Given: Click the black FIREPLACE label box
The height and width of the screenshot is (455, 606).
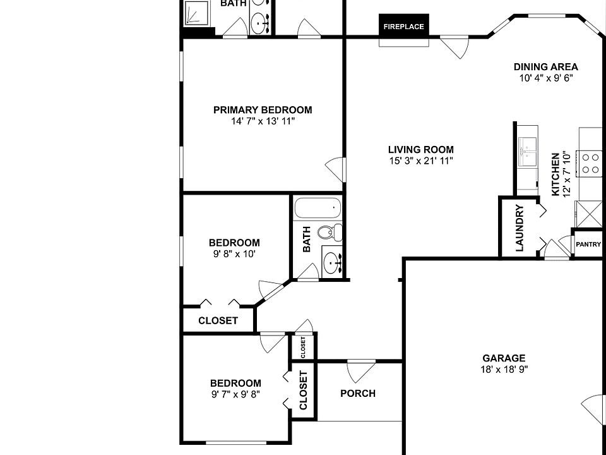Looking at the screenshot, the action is [x=404, y=27].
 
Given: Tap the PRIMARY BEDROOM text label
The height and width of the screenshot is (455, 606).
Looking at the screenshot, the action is [x=263, y=110].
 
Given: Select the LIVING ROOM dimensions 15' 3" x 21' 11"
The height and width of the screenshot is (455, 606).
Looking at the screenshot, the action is [x=421, y=161].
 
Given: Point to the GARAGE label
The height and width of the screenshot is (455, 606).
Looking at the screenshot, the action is [x=504, y=358].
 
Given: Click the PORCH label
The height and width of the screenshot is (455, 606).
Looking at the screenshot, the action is [x=358, y=394].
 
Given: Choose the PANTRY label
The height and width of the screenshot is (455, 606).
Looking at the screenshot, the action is [x=588, y=245].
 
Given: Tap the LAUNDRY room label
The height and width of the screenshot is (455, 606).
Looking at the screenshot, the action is [x=520, y=228].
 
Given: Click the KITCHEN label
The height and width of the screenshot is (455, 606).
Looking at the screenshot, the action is [x=555, y=174].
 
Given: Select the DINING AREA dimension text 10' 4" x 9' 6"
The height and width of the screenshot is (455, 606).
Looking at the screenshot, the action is [x=545, y=78].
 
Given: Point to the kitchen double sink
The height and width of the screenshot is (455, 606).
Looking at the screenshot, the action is [x=528, y=151].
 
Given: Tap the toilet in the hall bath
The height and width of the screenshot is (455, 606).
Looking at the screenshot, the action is [x=330, y=232].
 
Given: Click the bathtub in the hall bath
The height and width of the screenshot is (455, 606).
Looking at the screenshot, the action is [x=318, y=208].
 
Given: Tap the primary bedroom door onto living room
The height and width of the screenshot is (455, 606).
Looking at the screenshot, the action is [x=335, y=169].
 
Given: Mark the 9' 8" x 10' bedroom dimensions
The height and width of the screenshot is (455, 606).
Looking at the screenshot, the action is [x=234, y=254].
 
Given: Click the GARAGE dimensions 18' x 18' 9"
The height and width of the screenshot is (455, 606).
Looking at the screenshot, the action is [x=504, y=370].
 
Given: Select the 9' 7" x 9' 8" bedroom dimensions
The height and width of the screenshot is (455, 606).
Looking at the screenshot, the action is [x=235, y=394].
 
